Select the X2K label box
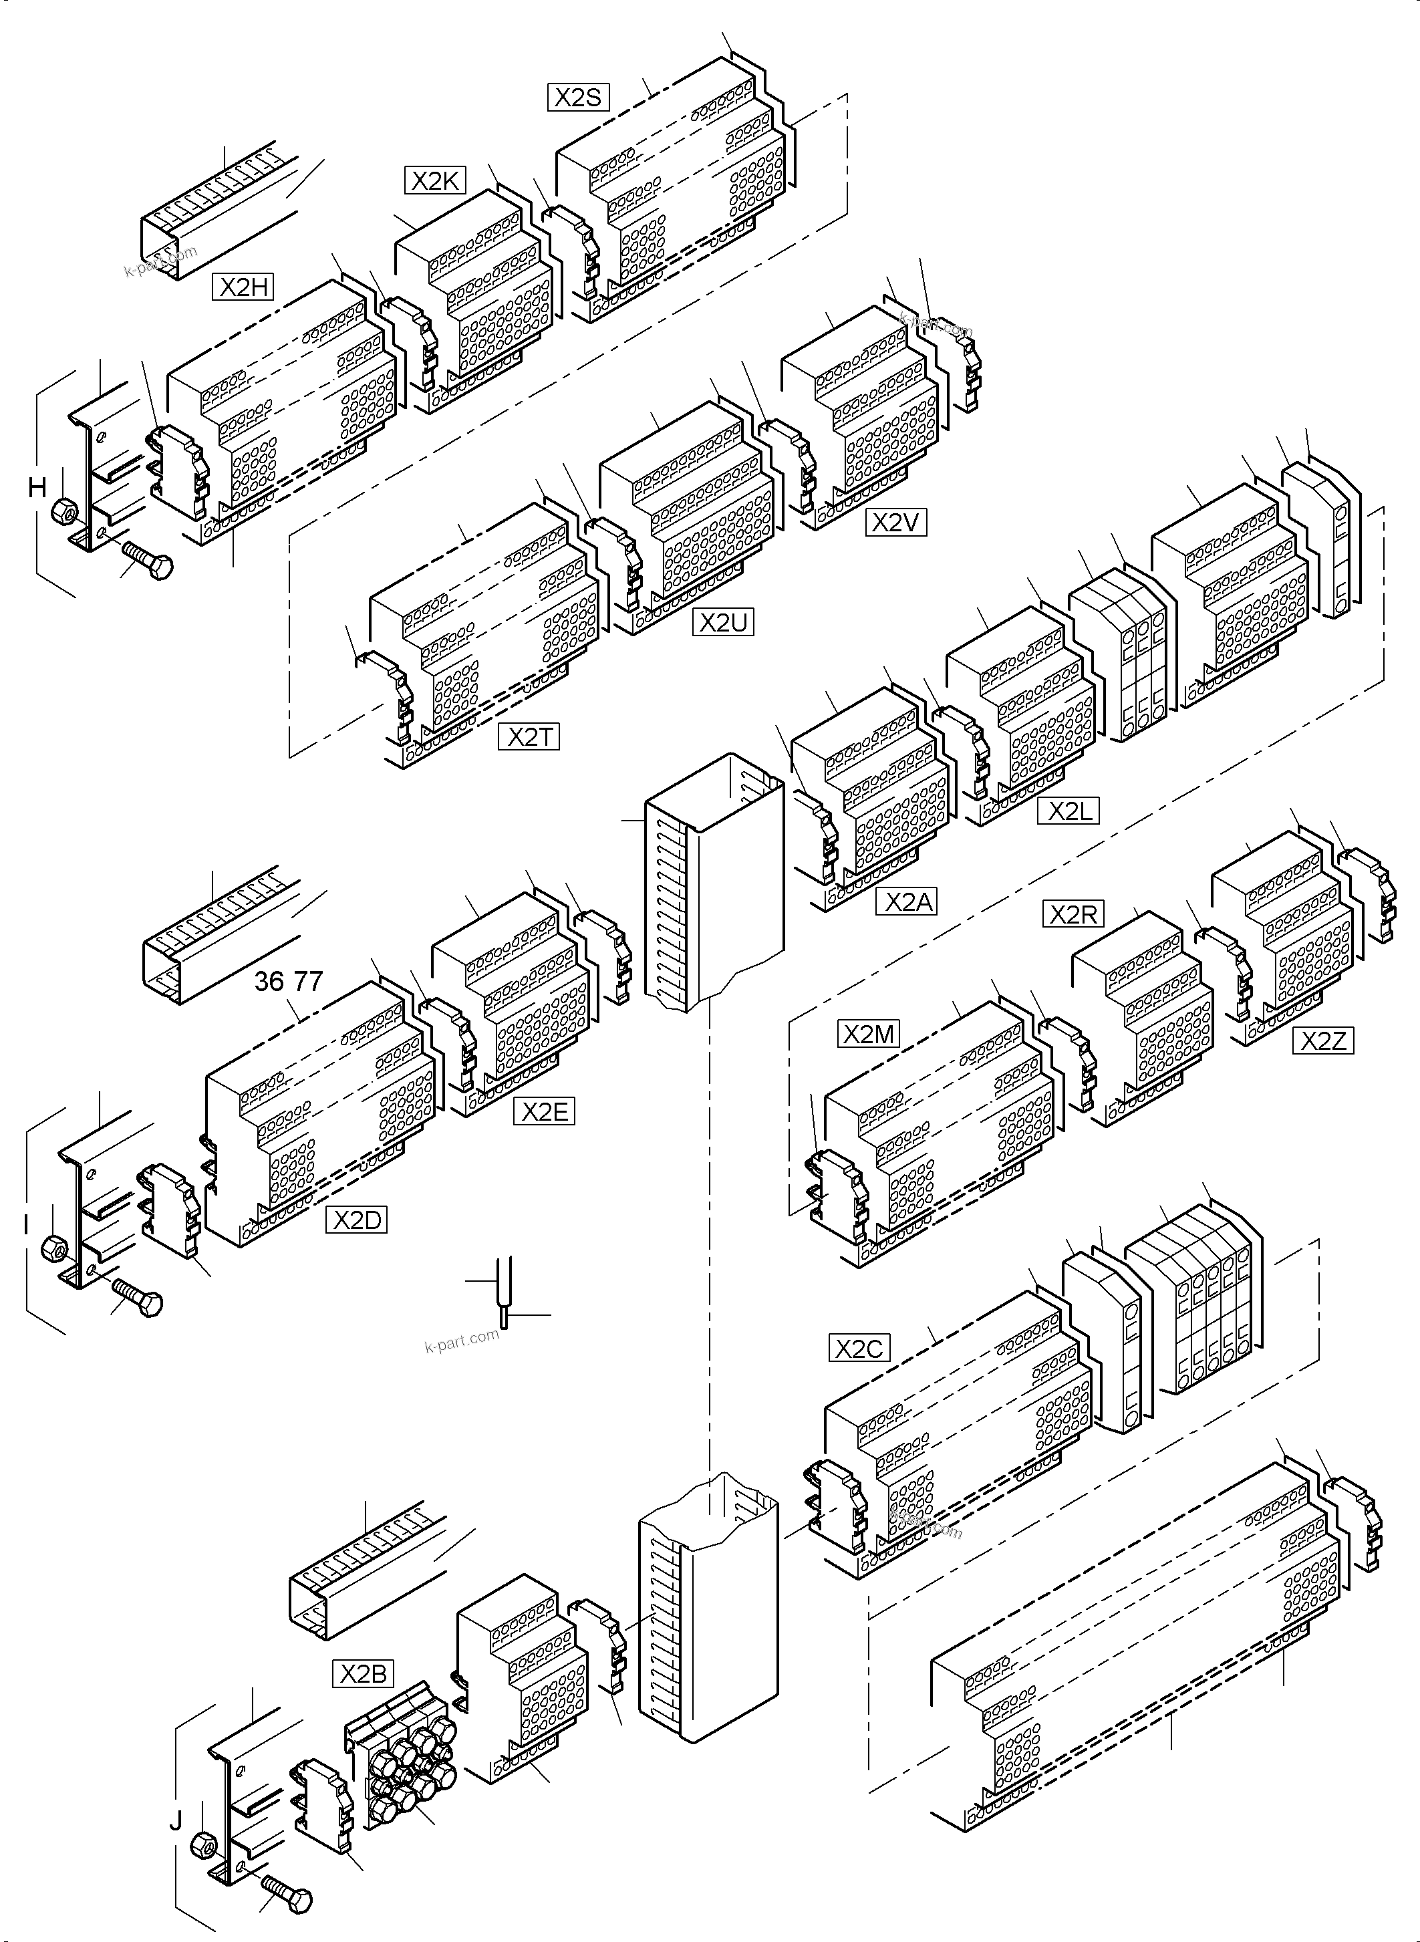(435, 180)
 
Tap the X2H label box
(243, 286)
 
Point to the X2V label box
(895, 523)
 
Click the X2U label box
(723, 622)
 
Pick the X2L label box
(1069, 811)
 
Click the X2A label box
(906, 901)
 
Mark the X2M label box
(868, 1034)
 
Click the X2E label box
(543, 1111)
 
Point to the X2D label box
(357, 1220)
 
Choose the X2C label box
(859, 1348)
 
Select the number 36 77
(288, 981)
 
